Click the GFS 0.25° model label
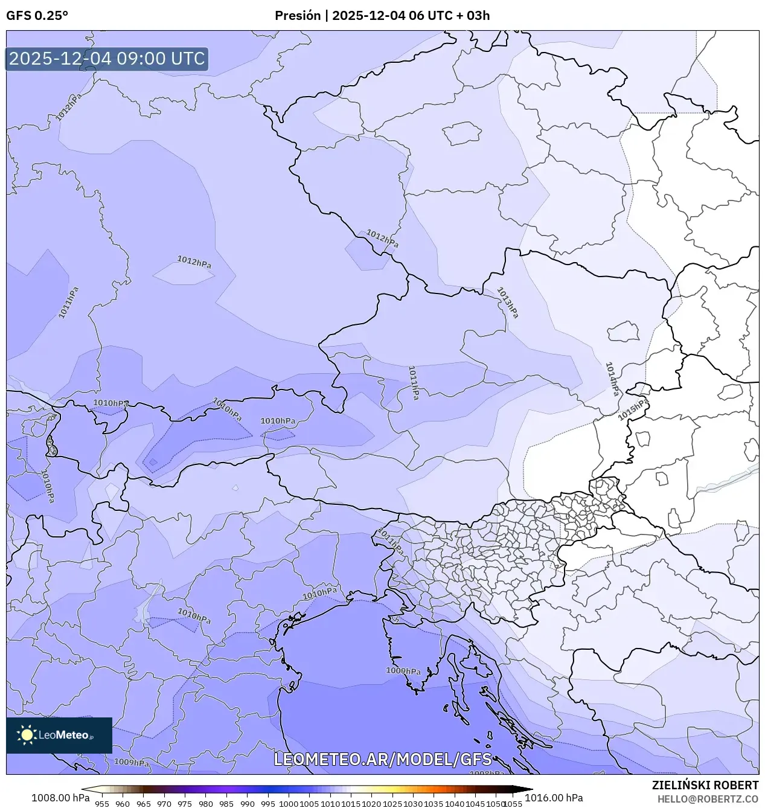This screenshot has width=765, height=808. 37,16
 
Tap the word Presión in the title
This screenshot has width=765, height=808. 298,16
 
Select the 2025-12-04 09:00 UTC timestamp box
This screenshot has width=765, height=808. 107,59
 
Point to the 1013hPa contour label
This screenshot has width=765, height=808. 507,302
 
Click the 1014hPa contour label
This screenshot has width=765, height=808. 612,379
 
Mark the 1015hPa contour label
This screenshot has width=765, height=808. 633,409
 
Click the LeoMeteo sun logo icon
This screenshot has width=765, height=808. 27,735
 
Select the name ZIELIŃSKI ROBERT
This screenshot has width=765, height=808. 705,785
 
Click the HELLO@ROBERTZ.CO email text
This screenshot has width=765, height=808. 708,798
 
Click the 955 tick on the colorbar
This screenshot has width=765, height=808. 102,804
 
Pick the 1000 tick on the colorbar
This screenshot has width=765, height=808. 289,804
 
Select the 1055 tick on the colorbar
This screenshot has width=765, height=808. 513,804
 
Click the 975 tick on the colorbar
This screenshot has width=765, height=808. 185,804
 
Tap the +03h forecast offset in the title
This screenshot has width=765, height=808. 478,16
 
